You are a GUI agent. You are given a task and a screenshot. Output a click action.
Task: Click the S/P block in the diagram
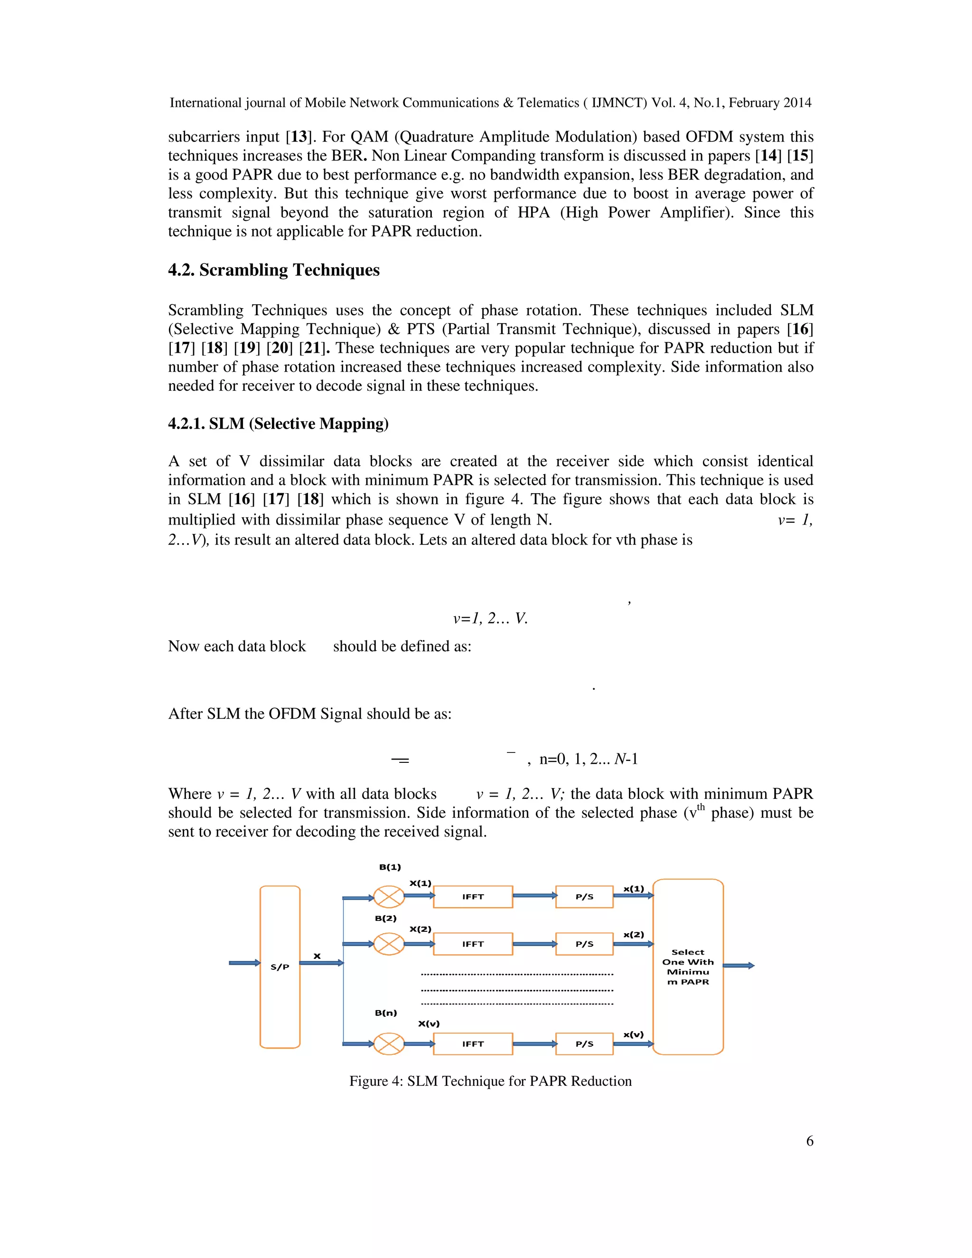coord(280,967)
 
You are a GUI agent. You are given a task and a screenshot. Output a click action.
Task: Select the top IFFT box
coord(473,897)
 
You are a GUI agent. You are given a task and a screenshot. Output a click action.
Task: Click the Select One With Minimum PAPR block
coord(688,967)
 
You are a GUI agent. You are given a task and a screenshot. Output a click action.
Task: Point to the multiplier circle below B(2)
coord(389,944)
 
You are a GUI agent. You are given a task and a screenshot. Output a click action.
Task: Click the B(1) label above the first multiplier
coord(390,867)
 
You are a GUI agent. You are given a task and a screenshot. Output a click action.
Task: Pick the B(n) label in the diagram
coord(386,1013)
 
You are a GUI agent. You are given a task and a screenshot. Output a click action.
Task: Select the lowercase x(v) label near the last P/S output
coord(634,1034)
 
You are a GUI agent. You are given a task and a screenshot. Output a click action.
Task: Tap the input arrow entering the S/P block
coord(244,963)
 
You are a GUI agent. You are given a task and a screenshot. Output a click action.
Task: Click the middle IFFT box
coord(473,944)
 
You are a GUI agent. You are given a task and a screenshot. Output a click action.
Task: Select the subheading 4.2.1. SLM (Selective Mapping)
coord(278,423)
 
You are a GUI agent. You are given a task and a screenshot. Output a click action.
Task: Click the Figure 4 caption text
coord(490,1081)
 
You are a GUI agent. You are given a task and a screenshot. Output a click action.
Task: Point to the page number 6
coord(809,1141)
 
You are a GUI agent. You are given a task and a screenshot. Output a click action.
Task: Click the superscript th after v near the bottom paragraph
coord(701,807)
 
